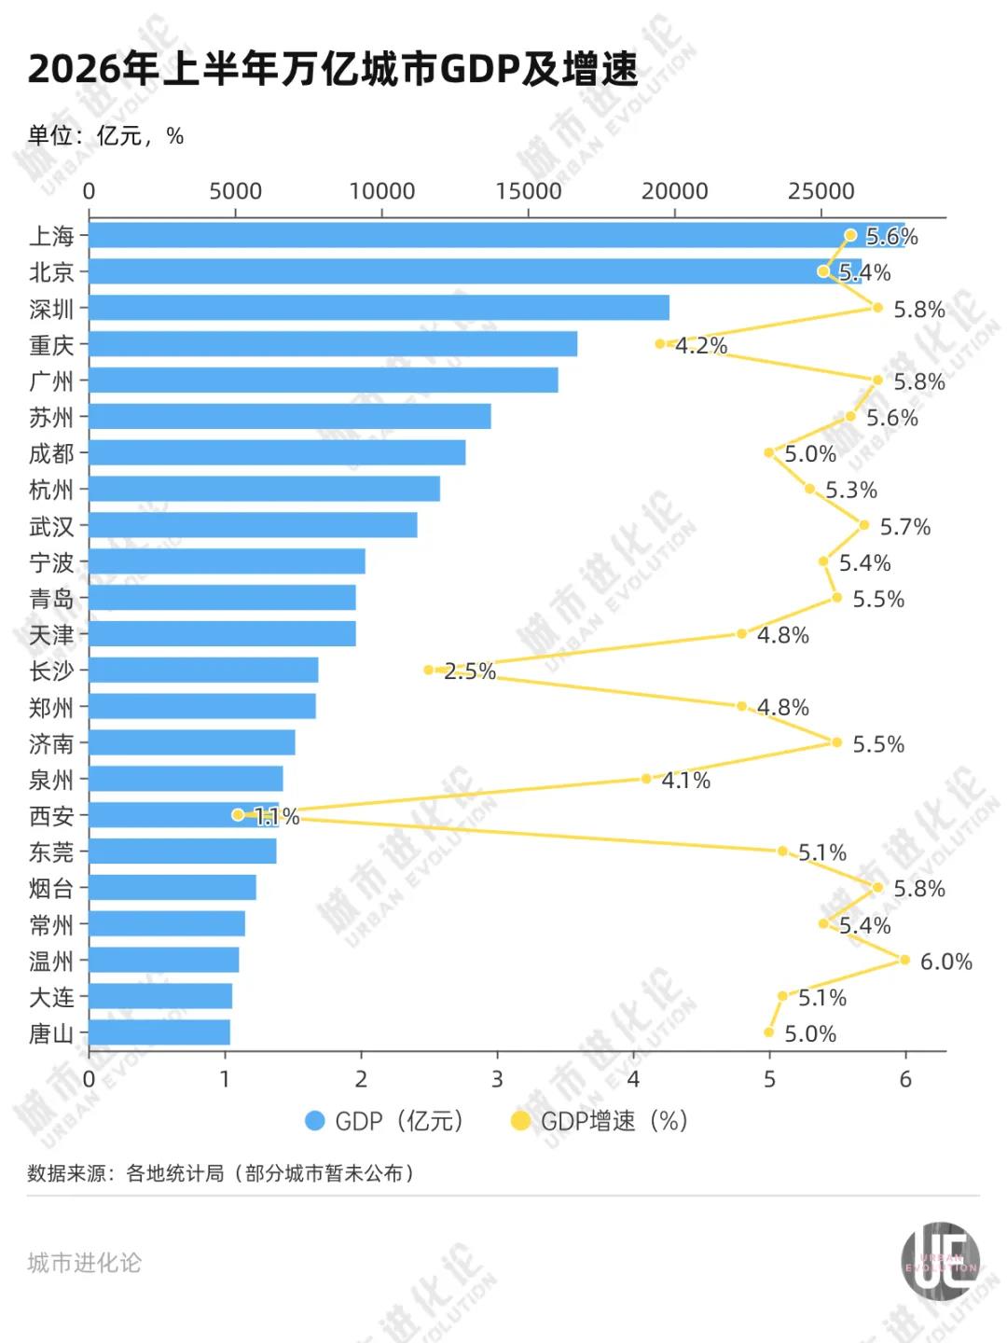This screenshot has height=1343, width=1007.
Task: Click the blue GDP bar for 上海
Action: click(x=496, y=235)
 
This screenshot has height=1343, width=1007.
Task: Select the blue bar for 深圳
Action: click(x=379, y=307)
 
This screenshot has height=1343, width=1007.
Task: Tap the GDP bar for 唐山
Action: click(x=159, y=1032)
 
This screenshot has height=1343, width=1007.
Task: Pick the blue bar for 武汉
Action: click(x=253, y=525)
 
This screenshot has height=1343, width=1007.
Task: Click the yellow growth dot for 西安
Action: click(x=238, y=814)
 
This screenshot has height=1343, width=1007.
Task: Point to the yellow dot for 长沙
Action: click(x=429, y=670)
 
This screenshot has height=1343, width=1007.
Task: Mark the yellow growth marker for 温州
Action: click(x=905, y=960)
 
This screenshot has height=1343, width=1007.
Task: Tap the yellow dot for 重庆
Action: click(x=660, y=344)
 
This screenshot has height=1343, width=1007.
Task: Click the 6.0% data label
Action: click(x=945, y=962)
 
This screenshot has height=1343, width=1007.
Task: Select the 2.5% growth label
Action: click(x=470, y=671)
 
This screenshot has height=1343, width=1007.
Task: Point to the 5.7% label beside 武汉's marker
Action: click(x=904, y=526)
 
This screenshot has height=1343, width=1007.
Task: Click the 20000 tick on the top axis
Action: click(x=674, y=191)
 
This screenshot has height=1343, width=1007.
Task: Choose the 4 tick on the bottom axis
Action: click(x=633, y=1078)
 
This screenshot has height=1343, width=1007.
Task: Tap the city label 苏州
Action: click(x=51, y=417)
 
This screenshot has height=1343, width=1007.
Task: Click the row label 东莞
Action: click(x=51, y=851)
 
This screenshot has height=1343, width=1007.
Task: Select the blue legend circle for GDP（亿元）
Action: click(x=314, y=1121)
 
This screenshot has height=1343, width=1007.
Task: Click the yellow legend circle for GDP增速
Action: click(x=520, y=1121)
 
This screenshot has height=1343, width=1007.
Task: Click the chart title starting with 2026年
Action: click(x=333, y=68)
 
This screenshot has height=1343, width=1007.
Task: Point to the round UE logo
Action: click(x=941, y=1260)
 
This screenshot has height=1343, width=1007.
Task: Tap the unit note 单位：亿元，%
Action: click(x=105, y=135)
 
